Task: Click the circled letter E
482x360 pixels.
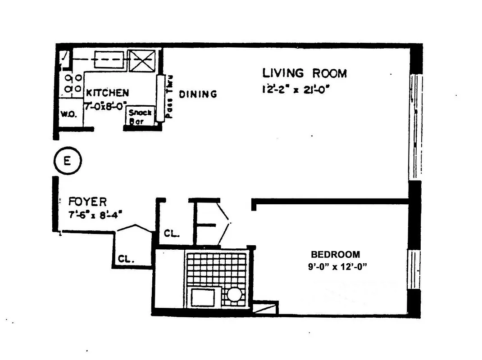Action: pos(67,161)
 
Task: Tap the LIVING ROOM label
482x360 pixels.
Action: pos(305,73)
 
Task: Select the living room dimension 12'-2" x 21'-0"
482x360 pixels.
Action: pos(293,89)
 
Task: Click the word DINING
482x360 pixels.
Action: pos(198,94)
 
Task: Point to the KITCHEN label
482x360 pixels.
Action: pos(107,93)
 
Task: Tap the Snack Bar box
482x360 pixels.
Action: pos(140,117)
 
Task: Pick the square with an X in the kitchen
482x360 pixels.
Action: pos(142,61)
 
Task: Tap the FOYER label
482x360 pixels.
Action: pos(87,201)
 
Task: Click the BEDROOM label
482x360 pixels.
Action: pos(335,254)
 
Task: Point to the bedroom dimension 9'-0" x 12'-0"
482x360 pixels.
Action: pos(336,267)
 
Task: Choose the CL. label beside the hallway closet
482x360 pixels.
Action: pos(171,234)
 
